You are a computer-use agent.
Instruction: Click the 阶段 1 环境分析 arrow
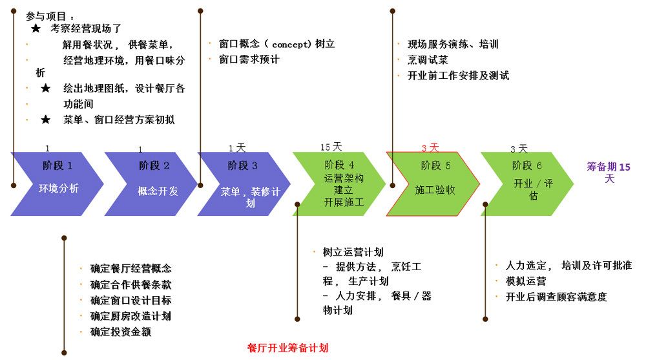(58, 184)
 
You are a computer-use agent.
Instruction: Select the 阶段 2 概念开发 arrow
(152, 184)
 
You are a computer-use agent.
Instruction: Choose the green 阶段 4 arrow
(340, 184)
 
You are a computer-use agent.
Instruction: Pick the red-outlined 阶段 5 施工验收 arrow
(433, 184)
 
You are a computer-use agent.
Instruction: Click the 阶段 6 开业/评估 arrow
(527, 184)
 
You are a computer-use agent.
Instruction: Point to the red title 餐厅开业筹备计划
(287, 348)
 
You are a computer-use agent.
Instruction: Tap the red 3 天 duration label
(430, 147)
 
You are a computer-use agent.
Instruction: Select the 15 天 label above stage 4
(331, 147)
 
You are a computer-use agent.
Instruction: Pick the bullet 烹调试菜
(428, 60)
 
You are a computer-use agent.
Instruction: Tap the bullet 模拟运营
(525, 281)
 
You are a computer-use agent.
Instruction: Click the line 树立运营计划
(353, 252)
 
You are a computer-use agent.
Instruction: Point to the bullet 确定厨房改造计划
(130, 316)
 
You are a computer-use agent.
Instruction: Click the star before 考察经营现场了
(36, 29)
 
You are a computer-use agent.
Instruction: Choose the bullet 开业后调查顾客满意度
(556, 297)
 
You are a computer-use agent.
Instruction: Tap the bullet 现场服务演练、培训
(453, 45)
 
